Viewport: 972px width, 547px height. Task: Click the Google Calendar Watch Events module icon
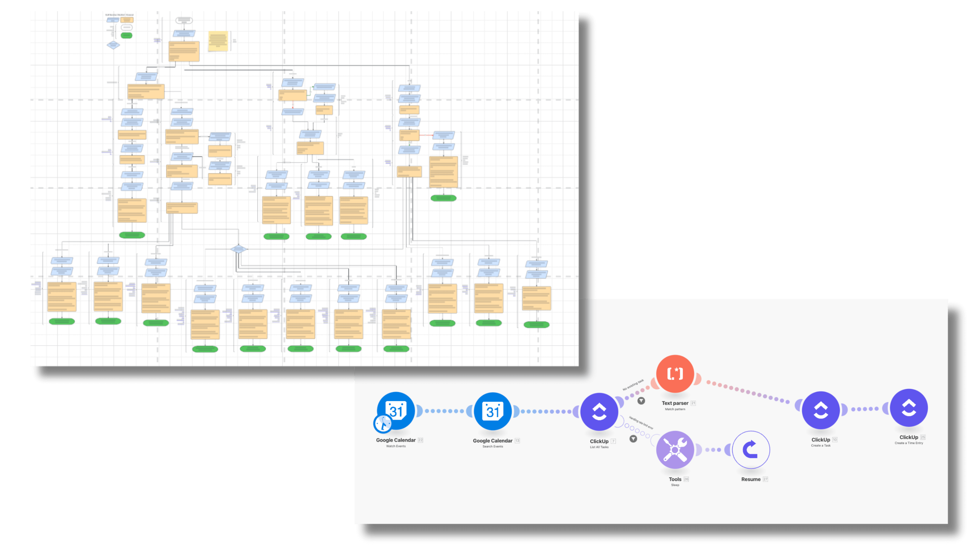396,411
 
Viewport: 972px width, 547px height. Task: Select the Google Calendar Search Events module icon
493,411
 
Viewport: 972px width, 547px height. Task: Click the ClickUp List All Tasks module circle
599,412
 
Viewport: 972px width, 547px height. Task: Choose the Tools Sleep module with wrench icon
675,450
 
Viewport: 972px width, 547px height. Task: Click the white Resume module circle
751,450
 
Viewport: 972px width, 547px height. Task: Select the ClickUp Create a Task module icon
821,410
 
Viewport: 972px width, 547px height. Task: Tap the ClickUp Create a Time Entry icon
909,408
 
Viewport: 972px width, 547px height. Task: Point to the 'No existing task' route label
633,385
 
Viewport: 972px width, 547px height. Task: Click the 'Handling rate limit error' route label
641,423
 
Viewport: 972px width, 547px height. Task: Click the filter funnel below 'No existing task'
641,401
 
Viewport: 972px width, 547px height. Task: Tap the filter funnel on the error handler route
633,439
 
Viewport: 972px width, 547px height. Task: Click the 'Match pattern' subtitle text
675,409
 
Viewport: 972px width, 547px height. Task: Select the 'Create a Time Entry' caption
909,443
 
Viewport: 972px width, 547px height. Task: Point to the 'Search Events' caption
493,446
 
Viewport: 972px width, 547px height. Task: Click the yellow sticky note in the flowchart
218,41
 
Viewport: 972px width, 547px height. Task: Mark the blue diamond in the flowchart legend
113,45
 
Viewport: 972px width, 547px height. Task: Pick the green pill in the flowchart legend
126,35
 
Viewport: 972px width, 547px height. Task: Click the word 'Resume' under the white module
751,479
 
